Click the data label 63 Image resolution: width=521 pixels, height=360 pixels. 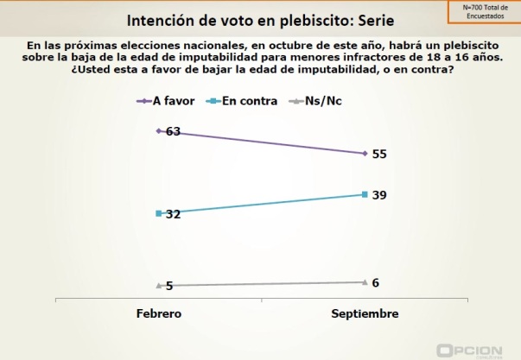[x=173, y=132]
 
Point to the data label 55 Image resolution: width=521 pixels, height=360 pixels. [x=379, y=154]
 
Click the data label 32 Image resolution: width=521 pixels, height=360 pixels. [x=173, y=213]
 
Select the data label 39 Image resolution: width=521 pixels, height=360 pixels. [x=379, y=195]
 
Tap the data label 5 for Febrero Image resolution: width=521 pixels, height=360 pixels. [x=169, y=286]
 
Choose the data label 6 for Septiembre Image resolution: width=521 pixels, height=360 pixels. [x=376, y=282]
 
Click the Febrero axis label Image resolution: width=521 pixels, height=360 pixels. [x=159, y=313]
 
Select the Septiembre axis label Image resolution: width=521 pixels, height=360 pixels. [x=365, y=313]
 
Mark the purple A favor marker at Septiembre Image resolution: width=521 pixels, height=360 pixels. [x=365, y=154]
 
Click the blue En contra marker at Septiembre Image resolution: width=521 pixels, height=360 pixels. [x=365, y=194]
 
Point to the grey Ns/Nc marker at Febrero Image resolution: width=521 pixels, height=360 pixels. [x=159, y=285]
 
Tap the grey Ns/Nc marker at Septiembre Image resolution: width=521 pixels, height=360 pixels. [x=365, y=281]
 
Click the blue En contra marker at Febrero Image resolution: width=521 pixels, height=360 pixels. [x=159, y=212]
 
